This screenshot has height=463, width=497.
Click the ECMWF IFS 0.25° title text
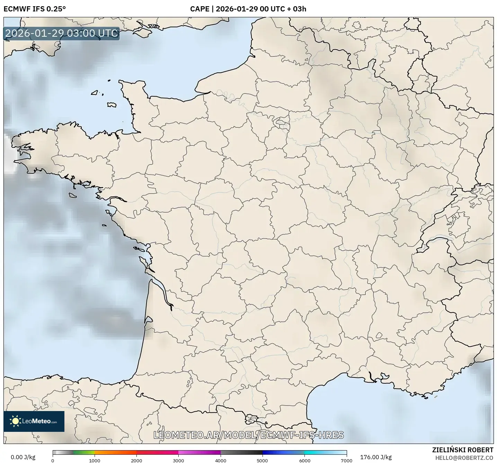[x=34, y=9]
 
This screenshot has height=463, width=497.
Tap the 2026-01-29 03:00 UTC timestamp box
[x=62, y=33]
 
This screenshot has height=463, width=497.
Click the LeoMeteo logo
[x=34, y=421]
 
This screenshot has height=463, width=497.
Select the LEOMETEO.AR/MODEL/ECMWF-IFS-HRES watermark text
[x=248, y=435]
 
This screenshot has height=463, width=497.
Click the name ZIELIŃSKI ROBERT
[x=463, y=450]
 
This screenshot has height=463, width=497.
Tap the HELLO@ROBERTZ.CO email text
[x=464, y=458]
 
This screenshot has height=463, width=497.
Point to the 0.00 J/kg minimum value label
[x=23, y=457]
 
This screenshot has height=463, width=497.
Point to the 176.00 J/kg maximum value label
[x=376, y=457]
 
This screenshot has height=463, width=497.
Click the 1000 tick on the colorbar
[x=95, y=460]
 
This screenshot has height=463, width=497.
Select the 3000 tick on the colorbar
[x=179, y=460]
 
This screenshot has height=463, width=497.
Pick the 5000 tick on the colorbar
[x=263, y=460]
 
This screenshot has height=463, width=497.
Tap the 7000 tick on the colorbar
[x=347, y=460]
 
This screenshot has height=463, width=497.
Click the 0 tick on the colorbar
[x=53, y=460]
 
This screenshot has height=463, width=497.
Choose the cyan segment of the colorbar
[x=315, y=452]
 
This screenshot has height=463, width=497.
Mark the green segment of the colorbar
[x=83, y=452]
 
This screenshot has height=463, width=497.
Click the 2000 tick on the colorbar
[x=136, y=460]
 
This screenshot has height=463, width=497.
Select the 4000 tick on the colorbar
[x=221, y=460]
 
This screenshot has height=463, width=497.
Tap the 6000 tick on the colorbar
[x=305, y=460]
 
